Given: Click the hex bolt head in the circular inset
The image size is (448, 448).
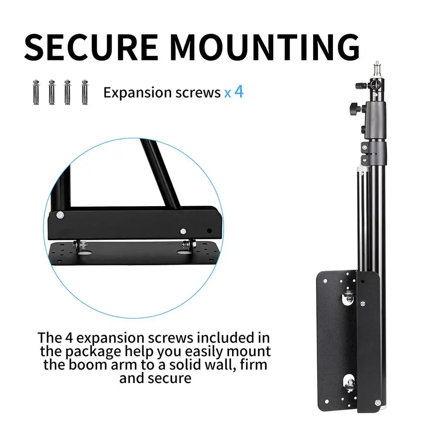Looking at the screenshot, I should (x=183, y=232).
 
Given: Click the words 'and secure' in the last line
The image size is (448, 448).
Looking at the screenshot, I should (x=155, y=378).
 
